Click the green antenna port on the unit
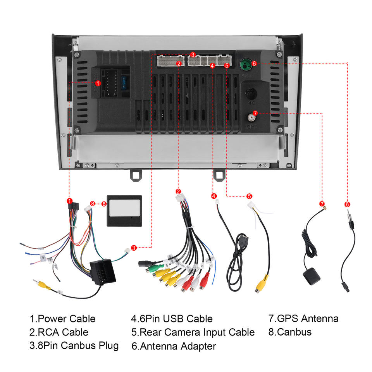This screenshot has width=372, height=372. click(245, 63)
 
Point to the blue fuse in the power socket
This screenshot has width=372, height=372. click(123, 83)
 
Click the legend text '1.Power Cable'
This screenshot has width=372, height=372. click(62, 319)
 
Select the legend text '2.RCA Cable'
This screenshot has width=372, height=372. click(59, 332)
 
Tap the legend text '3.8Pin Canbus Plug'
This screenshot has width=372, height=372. click(74, 345)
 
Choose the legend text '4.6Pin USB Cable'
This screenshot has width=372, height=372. click(172, 319)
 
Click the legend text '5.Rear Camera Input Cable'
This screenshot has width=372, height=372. click(193, 332)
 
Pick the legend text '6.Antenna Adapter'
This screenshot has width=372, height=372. click(174, 346)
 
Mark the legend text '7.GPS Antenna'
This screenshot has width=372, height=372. click(303, 319)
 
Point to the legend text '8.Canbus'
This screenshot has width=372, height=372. click(290, 332)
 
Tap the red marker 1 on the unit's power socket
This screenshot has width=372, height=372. click(98, 83)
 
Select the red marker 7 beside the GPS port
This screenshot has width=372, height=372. click(255, 113)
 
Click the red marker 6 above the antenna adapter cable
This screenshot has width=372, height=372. click(347, 204)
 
